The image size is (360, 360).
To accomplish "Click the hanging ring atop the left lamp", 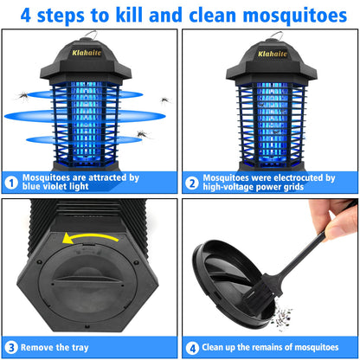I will point(89,35).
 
